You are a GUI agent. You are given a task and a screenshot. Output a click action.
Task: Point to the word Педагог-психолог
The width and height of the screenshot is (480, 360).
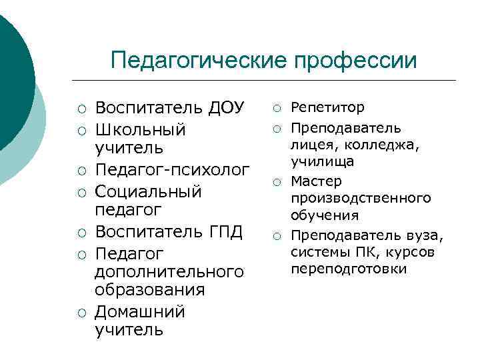173,170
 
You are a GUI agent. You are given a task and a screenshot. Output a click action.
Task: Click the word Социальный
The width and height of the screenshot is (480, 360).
148,191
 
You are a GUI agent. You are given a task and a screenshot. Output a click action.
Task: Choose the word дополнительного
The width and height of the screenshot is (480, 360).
169,272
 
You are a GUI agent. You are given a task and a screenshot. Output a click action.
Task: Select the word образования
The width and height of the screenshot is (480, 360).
149,291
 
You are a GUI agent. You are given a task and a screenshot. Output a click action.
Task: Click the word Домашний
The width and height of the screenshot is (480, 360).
140,312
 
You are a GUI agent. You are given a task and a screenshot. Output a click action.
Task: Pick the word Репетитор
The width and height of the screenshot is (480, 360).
327,107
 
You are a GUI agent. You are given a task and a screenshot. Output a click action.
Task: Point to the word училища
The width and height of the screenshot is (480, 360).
322,162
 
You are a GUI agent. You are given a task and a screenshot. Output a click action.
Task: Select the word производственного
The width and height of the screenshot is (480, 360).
360,199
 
